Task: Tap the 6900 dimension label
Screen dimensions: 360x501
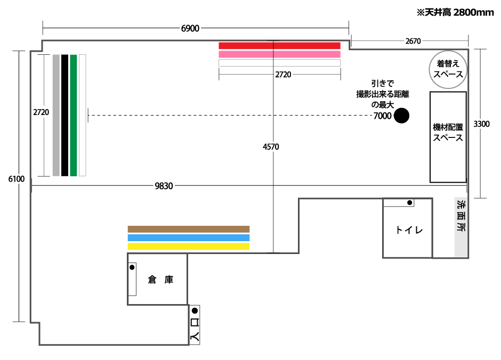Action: tap(190, 28)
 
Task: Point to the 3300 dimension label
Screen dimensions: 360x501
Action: tap(481, 124)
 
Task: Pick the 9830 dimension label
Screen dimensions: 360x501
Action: tap(164, 186)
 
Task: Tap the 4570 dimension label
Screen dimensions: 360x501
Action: tap(271, 146)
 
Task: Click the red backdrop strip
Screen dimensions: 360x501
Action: tap(279, 46)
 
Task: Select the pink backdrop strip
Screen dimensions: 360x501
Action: tap(279, 54)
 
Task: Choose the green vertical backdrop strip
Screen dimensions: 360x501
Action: tap(74, 115)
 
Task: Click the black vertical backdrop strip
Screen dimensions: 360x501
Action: tap(64, 115)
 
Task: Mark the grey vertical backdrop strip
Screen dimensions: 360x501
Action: tap(56, 115)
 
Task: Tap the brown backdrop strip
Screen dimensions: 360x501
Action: tap(189, 229)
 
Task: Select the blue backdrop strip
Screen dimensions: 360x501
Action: tap(189, 238)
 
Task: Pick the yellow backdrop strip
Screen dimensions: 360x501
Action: tap(189, 247)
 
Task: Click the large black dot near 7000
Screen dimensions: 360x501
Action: tap(401, 115)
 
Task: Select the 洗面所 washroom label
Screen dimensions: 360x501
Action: tap(461, 216)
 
